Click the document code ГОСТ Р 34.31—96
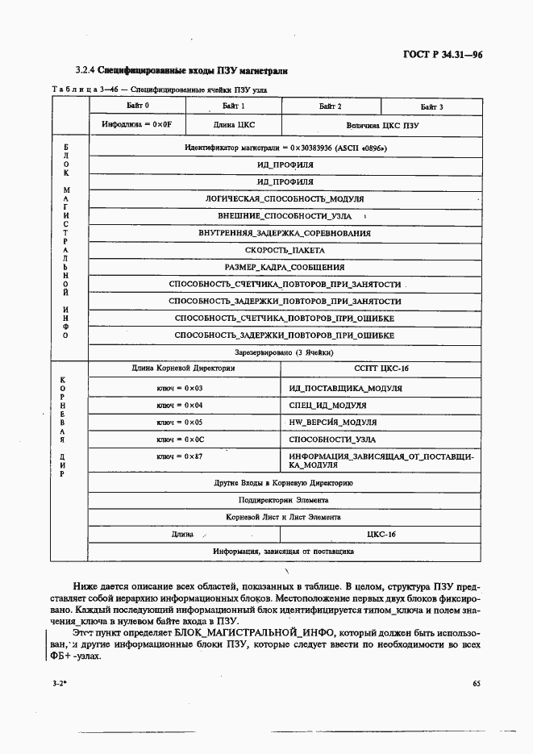coord(447,56)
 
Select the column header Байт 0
coord(137,106)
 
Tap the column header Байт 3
coord(431,106)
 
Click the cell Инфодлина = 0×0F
coord(137,126)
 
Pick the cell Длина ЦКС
coord(233,126)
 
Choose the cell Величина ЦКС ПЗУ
coord(383,126)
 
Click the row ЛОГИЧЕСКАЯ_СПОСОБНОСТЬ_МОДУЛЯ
coord(285,198)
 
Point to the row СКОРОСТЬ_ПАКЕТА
coord(285,250)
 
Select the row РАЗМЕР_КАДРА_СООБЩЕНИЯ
coord(285,267)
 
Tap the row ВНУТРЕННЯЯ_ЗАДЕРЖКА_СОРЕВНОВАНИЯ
coord(285,233)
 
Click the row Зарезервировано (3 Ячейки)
coord(285,352)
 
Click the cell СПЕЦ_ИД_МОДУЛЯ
coord(327,405)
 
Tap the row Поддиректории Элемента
coord(285,500)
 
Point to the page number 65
coord(477,684)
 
